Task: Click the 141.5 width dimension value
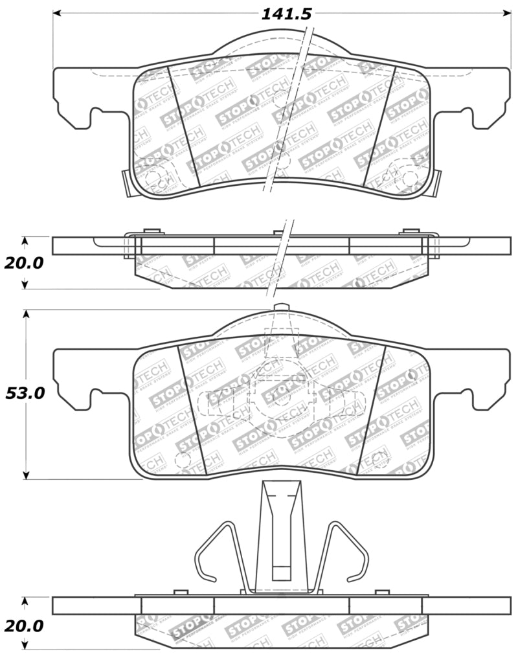[x=286, y=14]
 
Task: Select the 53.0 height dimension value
[x=25, y=393]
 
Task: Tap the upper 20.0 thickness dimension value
[x=25, y=263]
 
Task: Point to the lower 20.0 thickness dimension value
[x=25, y=626]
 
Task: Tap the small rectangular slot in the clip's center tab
[x=281, y=572]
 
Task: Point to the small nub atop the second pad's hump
[x=280, y=306]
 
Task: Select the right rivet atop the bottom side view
[x=382, y=591]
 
